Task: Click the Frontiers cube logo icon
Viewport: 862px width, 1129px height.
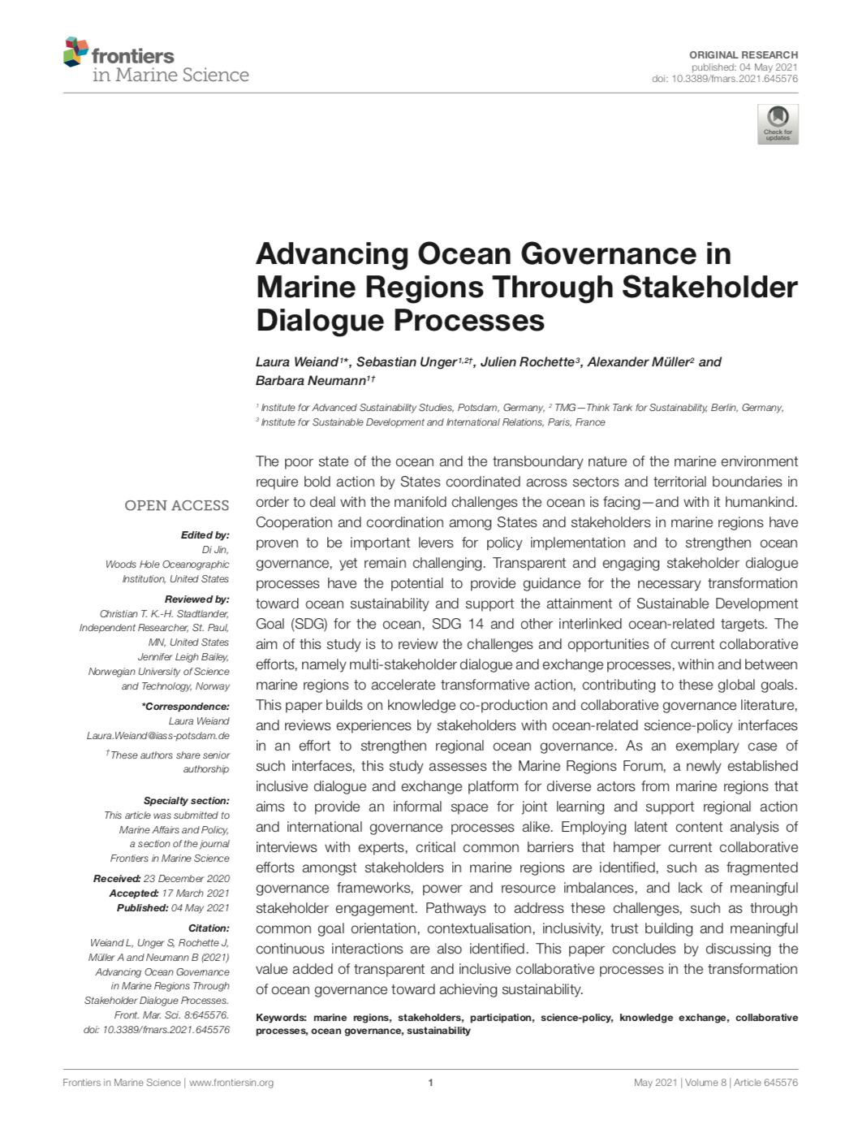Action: (x=75, y=51)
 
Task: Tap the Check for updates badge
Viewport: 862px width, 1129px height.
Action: (x=778, y=124)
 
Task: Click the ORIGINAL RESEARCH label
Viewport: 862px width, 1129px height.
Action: (x=743, y=54)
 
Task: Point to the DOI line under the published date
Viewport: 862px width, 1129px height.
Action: (x=725, y=79)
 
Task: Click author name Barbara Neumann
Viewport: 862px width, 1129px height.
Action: (x=310, y=381)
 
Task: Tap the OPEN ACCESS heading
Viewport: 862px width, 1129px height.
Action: (x=177, y=505)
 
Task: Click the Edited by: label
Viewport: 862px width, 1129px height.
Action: (x=205, y=535)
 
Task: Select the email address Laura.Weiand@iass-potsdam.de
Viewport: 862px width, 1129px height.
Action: (x=158, y=735)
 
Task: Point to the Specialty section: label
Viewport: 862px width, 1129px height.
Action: (x=187, y=800)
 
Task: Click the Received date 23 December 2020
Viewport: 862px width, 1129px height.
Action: (x=187, y=878)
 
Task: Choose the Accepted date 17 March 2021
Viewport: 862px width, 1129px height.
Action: (x=196, y=893)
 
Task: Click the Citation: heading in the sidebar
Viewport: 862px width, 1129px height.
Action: (x=209, y=928)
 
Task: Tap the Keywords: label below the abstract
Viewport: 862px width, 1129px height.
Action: (x=281, y=1017)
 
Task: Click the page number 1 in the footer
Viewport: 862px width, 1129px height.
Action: (x=430, y=1082)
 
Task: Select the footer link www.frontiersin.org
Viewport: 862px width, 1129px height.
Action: (x=231, y=1082)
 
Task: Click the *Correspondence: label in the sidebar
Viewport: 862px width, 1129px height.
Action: (x=186, y=706)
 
